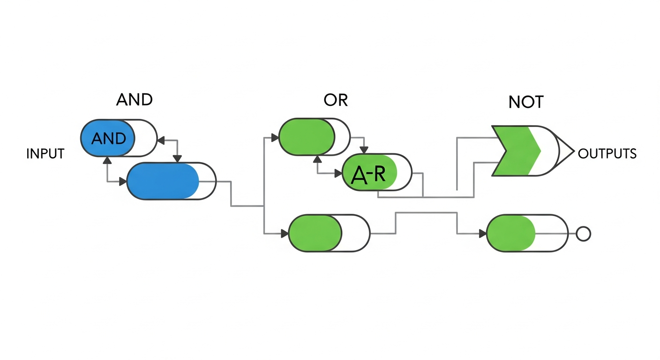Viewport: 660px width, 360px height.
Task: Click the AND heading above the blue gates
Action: pyautogui.click(x=134, y=100)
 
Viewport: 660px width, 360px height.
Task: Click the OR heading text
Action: pyautogui.click(x=336, y=100)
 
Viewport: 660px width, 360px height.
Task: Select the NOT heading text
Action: pyautogui.click(x=525, y=102)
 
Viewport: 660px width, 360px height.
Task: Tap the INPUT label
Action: pyautogui.click(x=45, y=154)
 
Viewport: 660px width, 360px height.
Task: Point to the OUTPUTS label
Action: pyautogui.click(x=607, y=154)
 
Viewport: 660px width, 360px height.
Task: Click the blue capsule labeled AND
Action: pyautogui.click(x=119, y=138)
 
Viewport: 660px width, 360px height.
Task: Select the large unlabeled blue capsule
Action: pyautogui.click(x=171, y=181)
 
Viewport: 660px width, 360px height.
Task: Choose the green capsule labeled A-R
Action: pyautogui.click(x=377, y=172)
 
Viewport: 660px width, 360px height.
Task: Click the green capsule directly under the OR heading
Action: pyautogui.click(x=314, y=137)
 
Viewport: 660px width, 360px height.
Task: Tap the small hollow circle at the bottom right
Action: pyautogui.click(x=583, y=233)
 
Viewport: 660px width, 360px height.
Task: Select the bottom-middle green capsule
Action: pyautogui.click(x=329, y=233)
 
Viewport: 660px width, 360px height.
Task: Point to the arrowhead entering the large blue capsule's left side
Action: pyautogui.click(x=123, y=181)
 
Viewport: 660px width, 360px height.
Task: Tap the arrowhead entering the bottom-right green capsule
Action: pyautogui.click(x=482, y=233)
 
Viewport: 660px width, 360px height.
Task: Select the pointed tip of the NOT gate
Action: pyautogui.click(x=573, y=151)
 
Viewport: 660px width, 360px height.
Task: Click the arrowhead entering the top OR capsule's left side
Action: pyautogui.click(x=275, y=138)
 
